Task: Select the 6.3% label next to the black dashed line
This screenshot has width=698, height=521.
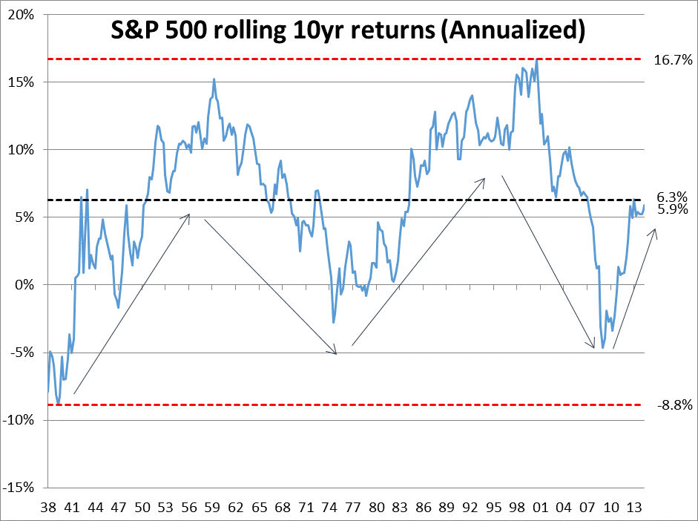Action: coord(672,197)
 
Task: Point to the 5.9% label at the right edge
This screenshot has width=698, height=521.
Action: coord(672,210)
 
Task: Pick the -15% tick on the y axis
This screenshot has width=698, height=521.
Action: coord(24,488)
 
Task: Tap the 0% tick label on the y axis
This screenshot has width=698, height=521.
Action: coord(30,285)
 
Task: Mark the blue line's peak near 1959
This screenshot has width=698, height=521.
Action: coord(214,79)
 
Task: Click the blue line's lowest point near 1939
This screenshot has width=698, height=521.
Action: coord(59,403)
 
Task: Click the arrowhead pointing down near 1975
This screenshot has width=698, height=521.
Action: coord(336,353)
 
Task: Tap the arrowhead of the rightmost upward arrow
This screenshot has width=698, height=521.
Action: coord(655,232)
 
